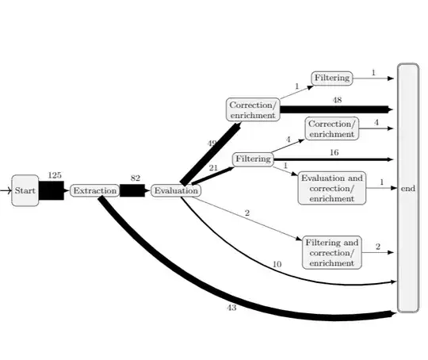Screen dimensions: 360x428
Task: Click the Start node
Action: point(25,191)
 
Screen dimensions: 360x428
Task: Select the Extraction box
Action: point(94,191)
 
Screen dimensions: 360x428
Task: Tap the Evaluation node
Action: point(176,191)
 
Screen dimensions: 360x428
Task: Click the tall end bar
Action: point(407,188)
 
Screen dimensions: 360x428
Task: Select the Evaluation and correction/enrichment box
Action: point(333,189)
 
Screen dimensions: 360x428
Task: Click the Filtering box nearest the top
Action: point(331,79)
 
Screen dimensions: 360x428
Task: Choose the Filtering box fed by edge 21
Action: point(253,159)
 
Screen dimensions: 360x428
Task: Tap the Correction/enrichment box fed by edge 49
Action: point(253,109)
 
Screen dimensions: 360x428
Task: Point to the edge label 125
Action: point(55,175)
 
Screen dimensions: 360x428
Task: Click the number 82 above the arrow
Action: point(135,179)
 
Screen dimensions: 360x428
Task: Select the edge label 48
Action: point(337,100)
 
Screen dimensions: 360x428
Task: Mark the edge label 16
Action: point(334,151)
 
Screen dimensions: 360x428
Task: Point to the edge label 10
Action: point(276,264)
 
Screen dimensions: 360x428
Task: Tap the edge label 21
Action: point(213,168)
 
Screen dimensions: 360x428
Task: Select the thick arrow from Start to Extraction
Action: point(52,191)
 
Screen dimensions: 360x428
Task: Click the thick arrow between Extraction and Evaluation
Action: point(133,191)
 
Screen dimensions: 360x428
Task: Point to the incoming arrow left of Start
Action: point(6,191)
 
